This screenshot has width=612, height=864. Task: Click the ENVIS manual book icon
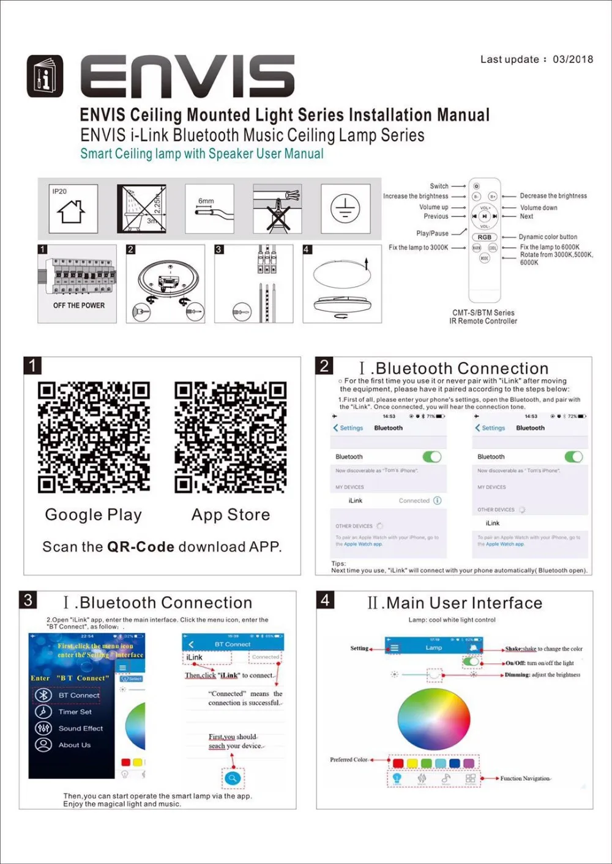coord(45,76)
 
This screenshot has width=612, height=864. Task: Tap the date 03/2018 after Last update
coord(573,59)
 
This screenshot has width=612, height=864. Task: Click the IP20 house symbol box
coord(73,209)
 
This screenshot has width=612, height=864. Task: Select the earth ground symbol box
coord(345,209)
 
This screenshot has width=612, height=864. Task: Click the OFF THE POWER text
coord(79,305)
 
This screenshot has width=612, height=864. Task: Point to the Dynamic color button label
coord(548,237)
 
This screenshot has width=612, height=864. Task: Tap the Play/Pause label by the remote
coord(432,233)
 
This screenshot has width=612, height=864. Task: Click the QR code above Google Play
coord(94,437)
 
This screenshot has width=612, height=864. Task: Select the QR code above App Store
coord(231,437)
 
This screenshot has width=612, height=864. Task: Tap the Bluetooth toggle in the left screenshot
coord(431,457)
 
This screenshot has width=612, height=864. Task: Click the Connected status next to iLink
coord(414,500)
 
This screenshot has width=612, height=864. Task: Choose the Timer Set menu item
coord(75,712)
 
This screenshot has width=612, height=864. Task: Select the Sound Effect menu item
coord(80,728)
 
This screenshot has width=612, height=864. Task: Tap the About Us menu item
coord(74,745)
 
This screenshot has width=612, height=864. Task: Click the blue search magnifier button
coord(233,778)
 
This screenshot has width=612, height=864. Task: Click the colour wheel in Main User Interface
coord(434,719)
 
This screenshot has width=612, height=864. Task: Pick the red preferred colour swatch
coord(398,763)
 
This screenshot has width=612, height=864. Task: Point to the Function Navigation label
coord(525,778)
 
